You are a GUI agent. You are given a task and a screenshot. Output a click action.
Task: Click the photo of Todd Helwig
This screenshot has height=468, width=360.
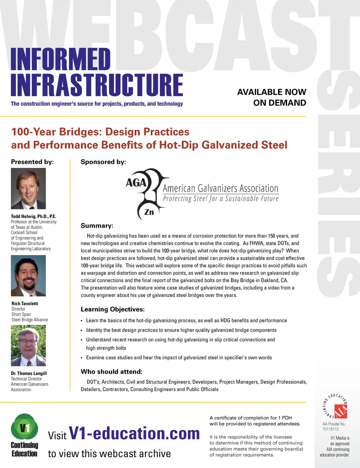click(x=28, y=189)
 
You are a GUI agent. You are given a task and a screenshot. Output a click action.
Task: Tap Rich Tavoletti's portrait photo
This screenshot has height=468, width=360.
click(x=28, y=276)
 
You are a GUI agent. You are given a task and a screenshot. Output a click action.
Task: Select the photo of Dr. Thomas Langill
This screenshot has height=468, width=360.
click(x=28, y=346)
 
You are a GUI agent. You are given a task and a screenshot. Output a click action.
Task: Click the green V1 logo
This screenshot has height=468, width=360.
click(x=24, y=428)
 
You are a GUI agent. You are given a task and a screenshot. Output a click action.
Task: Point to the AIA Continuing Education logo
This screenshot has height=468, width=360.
click(x=335, y=407)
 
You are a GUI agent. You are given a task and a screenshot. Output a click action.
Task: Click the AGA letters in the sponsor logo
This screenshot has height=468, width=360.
click(x=136, y=183)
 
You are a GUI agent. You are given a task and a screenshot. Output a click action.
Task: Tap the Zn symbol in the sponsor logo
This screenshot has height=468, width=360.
click(x=149, y=212)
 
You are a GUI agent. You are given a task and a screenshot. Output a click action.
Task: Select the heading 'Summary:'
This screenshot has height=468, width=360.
click(x=97, y=226)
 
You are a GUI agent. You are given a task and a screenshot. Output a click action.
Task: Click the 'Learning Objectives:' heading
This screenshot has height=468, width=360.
click(x=112, y=309)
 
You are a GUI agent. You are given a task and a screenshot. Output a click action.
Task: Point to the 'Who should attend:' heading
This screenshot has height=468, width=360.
click(x=111, y=372)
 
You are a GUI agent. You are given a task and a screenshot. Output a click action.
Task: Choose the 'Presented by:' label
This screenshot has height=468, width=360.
click(x=32, y=162)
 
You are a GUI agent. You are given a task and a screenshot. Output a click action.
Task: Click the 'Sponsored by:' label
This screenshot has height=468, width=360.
click(x=103, y=162)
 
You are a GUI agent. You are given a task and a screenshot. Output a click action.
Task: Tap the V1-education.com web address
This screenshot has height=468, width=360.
click(x=134, y=434)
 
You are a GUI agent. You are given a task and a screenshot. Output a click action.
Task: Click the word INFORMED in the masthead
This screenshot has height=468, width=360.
click(x=60, y=59)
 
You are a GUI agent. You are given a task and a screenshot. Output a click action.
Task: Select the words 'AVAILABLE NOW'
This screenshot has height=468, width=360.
click(x=271, y=92)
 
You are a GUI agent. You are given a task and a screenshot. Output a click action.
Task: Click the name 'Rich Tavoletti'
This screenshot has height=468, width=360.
click(x=25, y=303)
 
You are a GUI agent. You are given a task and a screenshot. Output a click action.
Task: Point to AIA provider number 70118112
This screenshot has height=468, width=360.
click(x=330, y=429)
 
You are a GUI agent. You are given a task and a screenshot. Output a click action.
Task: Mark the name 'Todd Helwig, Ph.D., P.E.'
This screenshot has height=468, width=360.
click(x=33, y=216)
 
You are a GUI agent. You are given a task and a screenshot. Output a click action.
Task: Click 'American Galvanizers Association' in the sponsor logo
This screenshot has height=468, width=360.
click(x=220, y=189)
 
